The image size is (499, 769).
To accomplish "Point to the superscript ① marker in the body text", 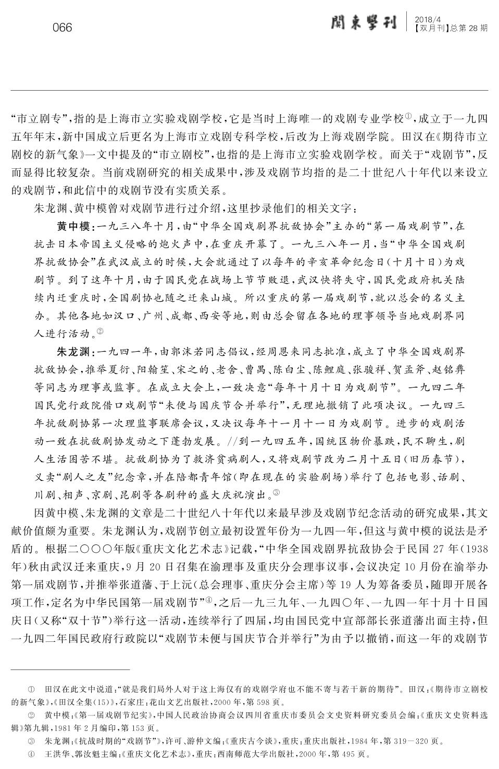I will (408, 116).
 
